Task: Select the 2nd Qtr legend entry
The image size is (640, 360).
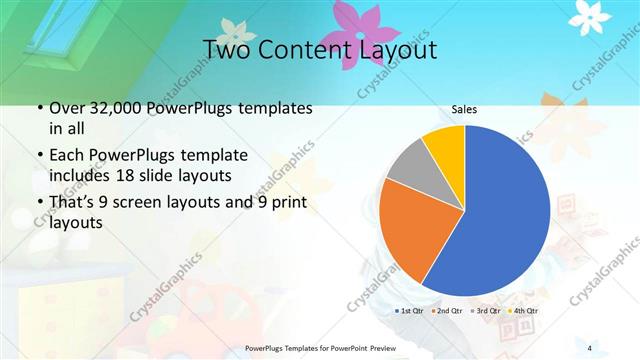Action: pos(447,311)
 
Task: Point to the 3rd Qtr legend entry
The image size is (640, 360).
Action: pos(485,311)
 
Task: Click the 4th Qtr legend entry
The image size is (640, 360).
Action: pos(522,311)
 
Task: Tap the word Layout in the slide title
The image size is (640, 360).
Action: pos(394,49)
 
